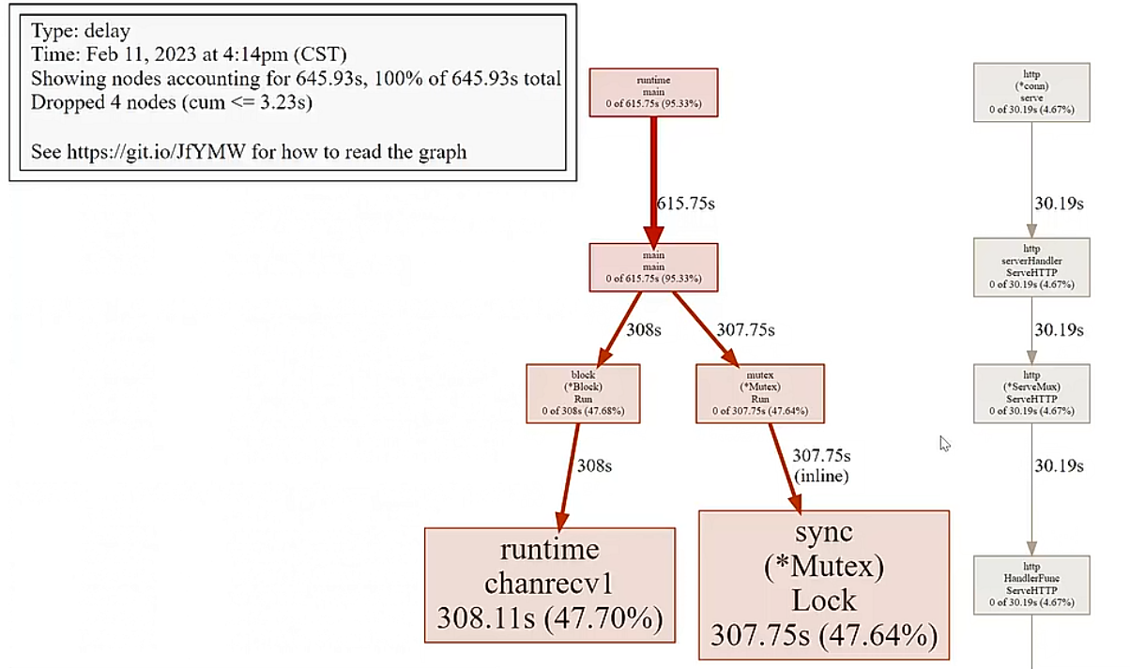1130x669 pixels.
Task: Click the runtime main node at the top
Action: pyautogui.click(x=653, y=92)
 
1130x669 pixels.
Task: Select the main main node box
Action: pyautogui.click(x=653, y=266)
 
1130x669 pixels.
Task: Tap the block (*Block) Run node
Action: pyautogui.click(x=583, y=392)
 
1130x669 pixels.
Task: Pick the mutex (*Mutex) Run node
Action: pyautogui.click(x=760, y=392)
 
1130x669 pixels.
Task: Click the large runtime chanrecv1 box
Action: pyautogui.click(x=550, y=585)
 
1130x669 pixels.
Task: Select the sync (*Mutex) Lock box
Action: pyautogui.click(x=824, y=585)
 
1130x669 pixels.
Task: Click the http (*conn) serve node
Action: pyautogui.click(x=1031, y=92)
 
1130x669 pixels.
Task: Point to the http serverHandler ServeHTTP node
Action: pyautogui.click(x=1031, y=266)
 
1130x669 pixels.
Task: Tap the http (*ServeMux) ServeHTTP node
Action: pyautogui.click(x=1031, y=392)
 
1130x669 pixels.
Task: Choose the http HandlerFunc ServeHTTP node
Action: pyautogui.click(x=1031, y=585)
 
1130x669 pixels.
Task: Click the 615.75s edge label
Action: pyautogui.click(x=686, y=204)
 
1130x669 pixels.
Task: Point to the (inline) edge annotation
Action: pyautogui.click(x=821, y=477)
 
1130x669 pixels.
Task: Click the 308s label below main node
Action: pyautogui.click(x=644, y=330)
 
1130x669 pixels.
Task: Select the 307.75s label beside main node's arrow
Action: pyautogui.click(x=746, y=330)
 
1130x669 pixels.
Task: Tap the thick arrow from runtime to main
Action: pyautogui.click(x=653, y=178)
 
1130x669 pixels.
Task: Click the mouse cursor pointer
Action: pyautogui.click(x=945, y=443)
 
